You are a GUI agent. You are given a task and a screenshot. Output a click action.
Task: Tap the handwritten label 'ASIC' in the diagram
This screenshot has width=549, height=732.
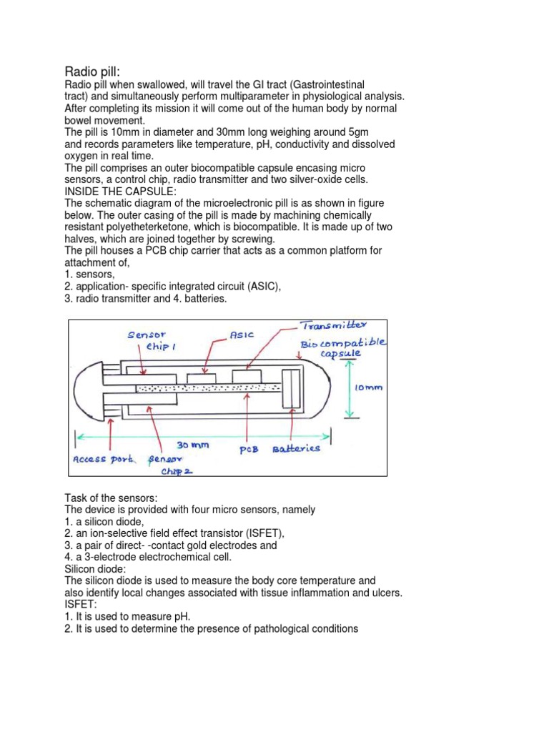[242, 334]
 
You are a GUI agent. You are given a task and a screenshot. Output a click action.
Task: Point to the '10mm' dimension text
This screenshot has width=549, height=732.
[369, 387]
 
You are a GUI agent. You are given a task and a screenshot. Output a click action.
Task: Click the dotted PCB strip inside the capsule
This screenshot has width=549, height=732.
[207, 388]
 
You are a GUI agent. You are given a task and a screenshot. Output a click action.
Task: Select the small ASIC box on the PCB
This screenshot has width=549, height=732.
[202, 377]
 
